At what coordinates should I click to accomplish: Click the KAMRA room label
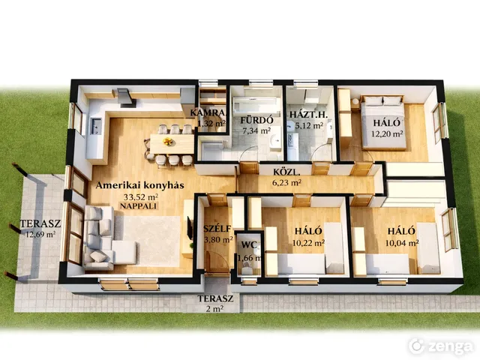tap(209, 113)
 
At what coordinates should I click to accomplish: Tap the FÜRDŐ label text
tap(256, 120)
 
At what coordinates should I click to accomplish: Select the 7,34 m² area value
tap(256, 131)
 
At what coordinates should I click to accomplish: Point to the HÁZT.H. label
tap(308, 115)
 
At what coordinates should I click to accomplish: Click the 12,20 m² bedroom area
tap(387, 133)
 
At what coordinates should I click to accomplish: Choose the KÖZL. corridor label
tap(286, 172)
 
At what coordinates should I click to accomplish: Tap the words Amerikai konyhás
tap(140, 185)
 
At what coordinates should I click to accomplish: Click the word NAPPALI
tap(138, 206)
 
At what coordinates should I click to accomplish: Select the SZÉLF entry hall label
tap(217, 228)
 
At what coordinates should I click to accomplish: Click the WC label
tap(249, 245)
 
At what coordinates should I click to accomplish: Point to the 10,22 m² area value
tap(308, 243)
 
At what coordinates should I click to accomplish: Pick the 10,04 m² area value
tap(402, 243)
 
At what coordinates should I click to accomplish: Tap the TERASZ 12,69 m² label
tap(40, 229)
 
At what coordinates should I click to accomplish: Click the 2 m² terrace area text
tap(214, 309)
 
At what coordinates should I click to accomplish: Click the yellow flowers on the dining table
tap(167, 142)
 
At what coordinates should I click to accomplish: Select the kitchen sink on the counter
tap(95, 126)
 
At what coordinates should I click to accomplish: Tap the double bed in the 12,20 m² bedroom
tap(383, 122)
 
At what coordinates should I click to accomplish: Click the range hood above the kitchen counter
tap(124, 98)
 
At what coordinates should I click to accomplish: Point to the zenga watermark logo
tap(441, 346)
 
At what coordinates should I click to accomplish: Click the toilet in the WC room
tap(246, 270)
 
